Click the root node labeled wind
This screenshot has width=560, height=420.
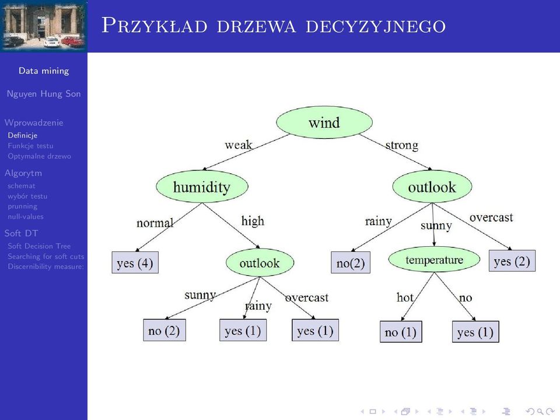click(324, 123)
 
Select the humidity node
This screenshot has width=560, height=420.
click(202, 187)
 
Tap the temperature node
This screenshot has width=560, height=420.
click(434, 260)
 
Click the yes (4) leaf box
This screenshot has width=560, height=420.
click(135, 262)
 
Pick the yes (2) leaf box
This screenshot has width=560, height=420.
click(512, 261)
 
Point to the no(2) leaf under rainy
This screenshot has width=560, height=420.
click(351, 262)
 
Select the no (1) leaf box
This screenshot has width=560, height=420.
click(401, 332)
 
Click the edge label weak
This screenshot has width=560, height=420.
click(238, 145)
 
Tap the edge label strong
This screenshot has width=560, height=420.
click(402, 145)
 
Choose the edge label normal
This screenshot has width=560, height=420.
click(155, 223)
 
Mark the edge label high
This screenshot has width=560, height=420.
click(253, 221)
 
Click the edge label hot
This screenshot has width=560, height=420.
click(405, 297)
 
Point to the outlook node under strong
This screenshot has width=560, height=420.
click(432, 187)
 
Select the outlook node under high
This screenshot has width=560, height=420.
click(260, 263)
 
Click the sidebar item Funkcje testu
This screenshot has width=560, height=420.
click(30, 146)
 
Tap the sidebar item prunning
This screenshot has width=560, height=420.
click(23, 206)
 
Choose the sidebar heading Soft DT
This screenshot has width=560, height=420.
click(21, 233)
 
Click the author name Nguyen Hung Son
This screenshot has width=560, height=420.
click(44, 94)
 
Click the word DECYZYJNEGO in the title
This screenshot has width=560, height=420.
click(376, 26)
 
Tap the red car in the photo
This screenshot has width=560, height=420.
click(72, 41)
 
